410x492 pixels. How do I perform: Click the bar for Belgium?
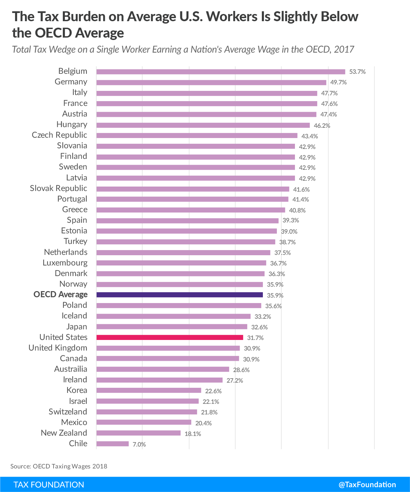click(x=221, y=72)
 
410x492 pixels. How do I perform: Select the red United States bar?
click(x=170, y=338)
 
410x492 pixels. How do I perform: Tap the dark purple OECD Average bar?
click(x=180, y=295)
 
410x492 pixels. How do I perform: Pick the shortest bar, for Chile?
click(x=112, y=444)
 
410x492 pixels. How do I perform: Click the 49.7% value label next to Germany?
click(x=338, y=82)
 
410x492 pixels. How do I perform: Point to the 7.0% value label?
click(x=139, y=444)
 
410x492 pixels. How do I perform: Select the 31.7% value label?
click(x=255, y=338)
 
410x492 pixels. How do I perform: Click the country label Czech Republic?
click(x=59, y=135)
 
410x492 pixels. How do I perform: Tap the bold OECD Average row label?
click(x=60, y=295)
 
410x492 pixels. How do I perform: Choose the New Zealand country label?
click(x=64, y=433)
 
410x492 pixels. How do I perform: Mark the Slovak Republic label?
click(x=58, y=188)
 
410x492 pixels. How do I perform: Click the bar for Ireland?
click(x=159, y=380)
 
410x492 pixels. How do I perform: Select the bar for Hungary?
click(x=203, y=125)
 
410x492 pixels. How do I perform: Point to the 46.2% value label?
click(x=322, y=125)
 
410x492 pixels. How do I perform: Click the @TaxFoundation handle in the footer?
click(x=367, y=484)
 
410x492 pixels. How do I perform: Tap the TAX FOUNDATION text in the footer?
click(x=49, y=484)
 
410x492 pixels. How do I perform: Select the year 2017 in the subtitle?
click(x=344, y=50)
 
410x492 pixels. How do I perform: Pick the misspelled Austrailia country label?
click(x=71, y=369)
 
